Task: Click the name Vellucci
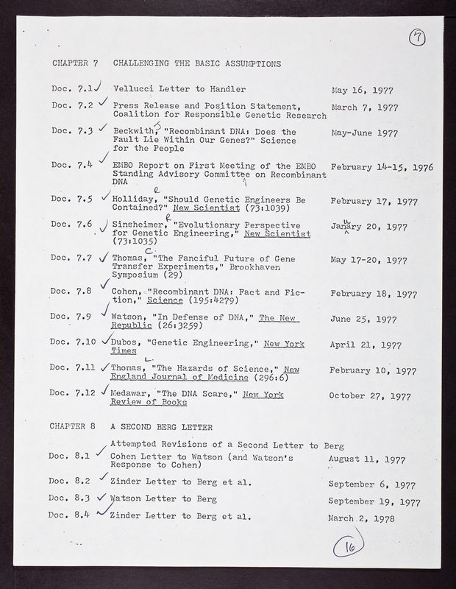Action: [x=134, y=89]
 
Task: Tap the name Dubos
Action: [x=127, y=344]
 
